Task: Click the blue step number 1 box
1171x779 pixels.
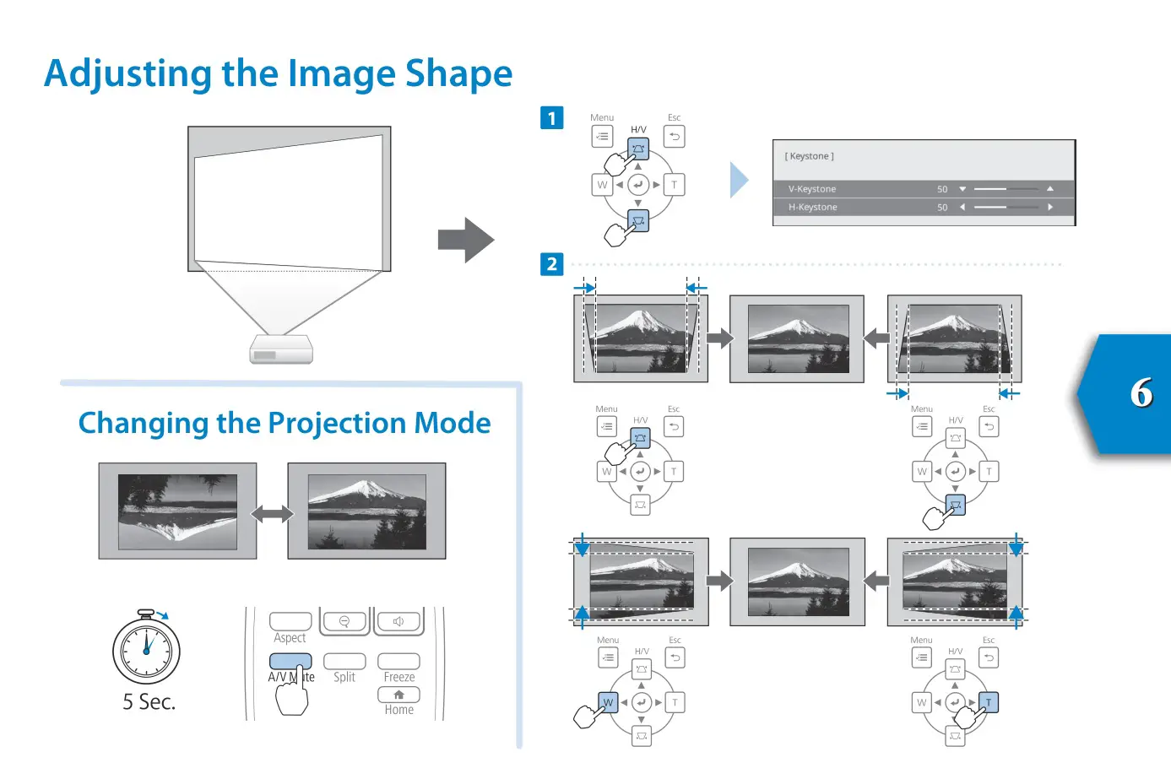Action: [551, 118]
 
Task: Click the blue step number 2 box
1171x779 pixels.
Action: [551, 264]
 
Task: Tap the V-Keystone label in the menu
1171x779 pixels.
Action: [811, 189]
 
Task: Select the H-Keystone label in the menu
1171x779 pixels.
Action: [812, 207]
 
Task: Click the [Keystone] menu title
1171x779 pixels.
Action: [809, 156]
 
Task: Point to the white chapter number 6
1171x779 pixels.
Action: [1141, 393]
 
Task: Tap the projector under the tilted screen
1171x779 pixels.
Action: [281, 349]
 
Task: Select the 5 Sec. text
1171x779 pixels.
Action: [149, 702]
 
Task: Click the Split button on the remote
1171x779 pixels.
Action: [344, 662]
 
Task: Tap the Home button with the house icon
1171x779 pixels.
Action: [398, 695]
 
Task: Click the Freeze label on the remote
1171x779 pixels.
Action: [398, 677]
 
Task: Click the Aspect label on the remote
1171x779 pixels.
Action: [290, 638]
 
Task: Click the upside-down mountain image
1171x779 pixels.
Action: [177, 511]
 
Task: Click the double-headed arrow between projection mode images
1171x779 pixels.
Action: [272, 513]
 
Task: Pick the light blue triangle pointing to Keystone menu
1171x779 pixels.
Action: [739, 180]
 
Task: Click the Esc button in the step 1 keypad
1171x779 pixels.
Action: [674, 137]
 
